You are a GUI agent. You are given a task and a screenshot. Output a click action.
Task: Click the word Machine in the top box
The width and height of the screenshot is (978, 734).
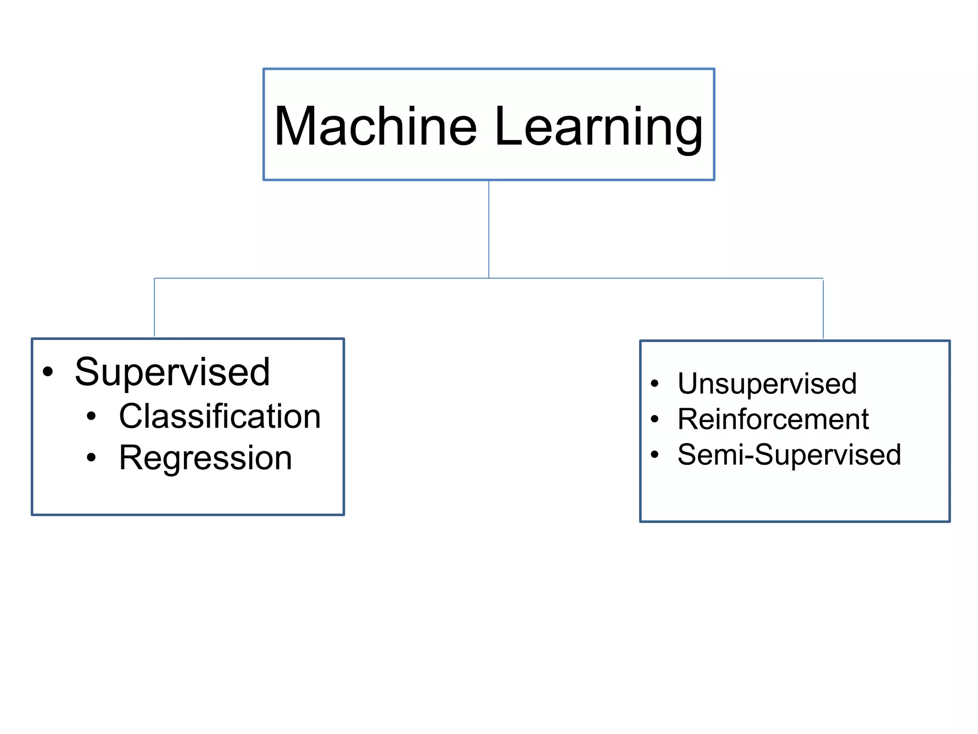375,126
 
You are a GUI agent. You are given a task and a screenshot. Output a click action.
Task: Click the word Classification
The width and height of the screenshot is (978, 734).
220,416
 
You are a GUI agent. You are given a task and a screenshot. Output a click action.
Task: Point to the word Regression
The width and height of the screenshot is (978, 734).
205,458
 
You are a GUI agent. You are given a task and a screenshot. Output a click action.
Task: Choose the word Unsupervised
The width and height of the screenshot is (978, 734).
767,383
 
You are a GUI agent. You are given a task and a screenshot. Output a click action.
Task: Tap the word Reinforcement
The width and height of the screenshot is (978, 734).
773,419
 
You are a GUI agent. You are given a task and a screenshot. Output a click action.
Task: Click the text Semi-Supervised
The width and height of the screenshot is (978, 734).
789,454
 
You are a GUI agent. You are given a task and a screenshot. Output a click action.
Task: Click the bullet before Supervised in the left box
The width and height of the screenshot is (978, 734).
48,372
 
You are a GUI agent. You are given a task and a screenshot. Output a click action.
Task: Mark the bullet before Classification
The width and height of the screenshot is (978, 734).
91,416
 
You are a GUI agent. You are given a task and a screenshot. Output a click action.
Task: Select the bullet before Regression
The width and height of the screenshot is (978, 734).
91,458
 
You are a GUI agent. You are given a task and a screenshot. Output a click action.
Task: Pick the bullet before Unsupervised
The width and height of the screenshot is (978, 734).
655,383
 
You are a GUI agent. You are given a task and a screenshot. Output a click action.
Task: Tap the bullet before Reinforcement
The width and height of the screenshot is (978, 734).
655,419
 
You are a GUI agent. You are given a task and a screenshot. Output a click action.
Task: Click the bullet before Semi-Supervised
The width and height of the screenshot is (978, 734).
655,454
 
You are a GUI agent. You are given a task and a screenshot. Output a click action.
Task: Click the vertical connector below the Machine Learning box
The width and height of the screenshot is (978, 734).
489,229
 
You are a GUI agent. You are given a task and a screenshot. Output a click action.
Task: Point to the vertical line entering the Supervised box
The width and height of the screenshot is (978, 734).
154,308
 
